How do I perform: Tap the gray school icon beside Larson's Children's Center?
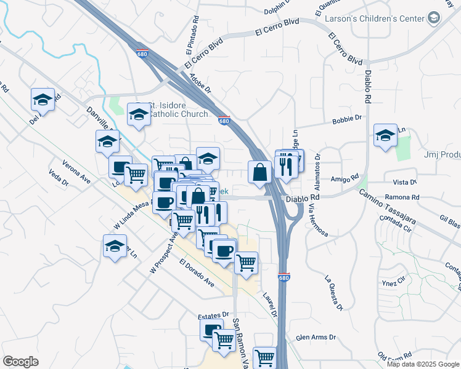pyautogui.click(x=434, y=18)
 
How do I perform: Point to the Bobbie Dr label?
pyautogui.click(x=345, y=121)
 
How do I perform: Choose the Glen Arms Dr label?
pyautogui.click(x=316, y=337)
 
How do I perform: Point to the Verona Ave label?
pyautogui.click(x=76, y=173)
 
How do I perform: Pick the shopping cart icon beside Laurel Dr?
pyautogui.click(x=246, y=263)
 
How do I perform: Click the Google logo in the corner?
pyautogui.click(x=20, y=362)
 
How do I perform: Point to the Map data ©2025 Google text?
pyautogui.click(x=423, y=364)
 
